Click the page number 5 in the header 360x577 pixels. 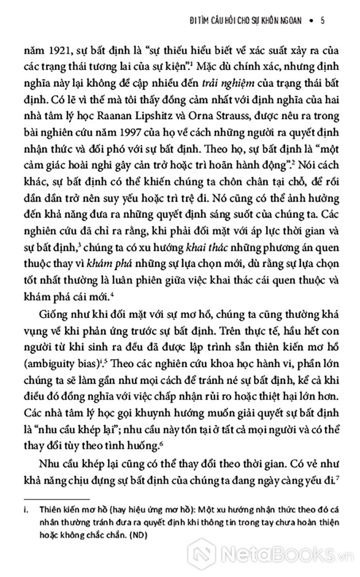pyautogui.click(x=321, y=21)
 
